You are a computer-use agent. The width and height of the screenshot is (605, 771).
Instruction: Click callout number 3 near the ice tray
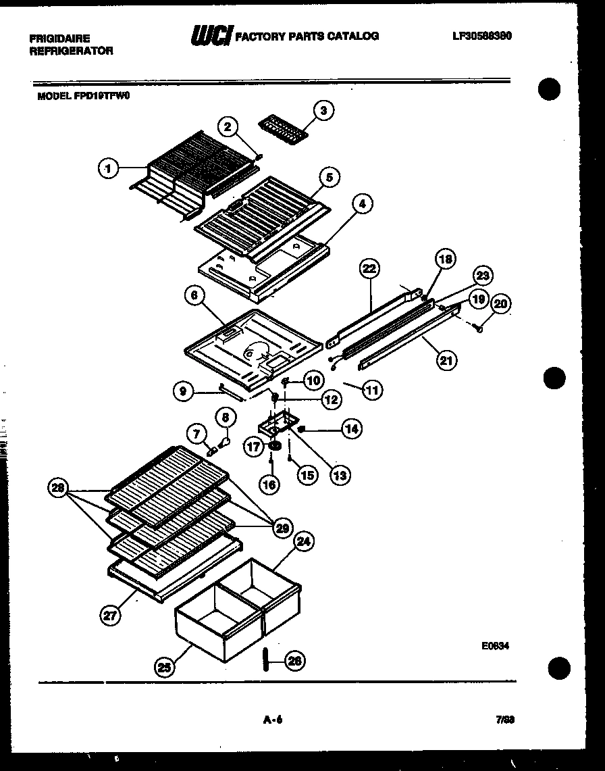click(x=325, y=110)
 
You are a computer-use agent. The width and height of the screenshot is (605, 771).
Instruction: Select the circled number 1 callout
click(x=107, y=168)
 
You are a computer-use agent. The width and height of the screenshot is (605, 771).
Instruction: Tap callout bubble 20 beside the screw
click(x=500, y=305)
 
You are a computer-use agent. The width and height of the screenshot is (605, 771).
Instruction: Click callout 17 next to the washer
click(x=255, y=447)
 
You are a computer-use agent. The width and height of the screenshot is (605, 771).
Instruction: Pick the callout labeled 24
click(x=305, y=541)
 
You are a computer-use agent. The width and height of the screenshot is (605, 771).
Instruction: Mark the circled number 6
click(x=194, y=296)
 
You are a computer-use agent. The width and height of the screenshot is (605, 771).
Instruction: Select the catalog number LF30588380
click(x=481, y=36)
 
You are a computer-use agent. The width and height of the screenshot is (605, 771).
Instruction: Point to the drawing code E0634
click(x=495, y=646)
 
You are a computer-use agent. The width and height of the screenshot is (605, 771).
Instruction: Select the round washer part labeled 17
click(x=275, y=446)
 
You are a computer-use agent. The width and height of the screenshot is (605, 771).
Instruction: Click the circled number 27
click(x=110, y=615)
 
